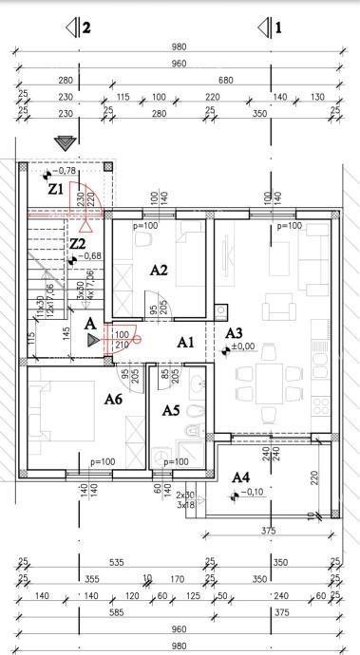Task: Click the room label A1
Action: tap(186, 341)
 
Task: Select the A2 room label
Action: tap(159, 270)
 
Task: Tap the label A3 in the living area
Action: tap(233, 333)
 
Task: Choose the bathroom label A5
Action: tap(171, 410)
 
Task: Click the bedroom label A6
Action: tap(113, 401)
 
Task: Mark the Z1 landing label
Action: tap(56, 189)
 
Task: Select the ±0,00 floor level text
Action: tap(243, 347)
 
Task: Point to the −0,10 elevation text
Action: tap(248, 493)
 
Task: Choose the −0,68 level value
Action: tap(86, 256)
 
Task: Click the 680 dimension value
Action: tap(224, 81)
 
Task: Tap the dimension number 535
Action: tap(116, 564)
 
